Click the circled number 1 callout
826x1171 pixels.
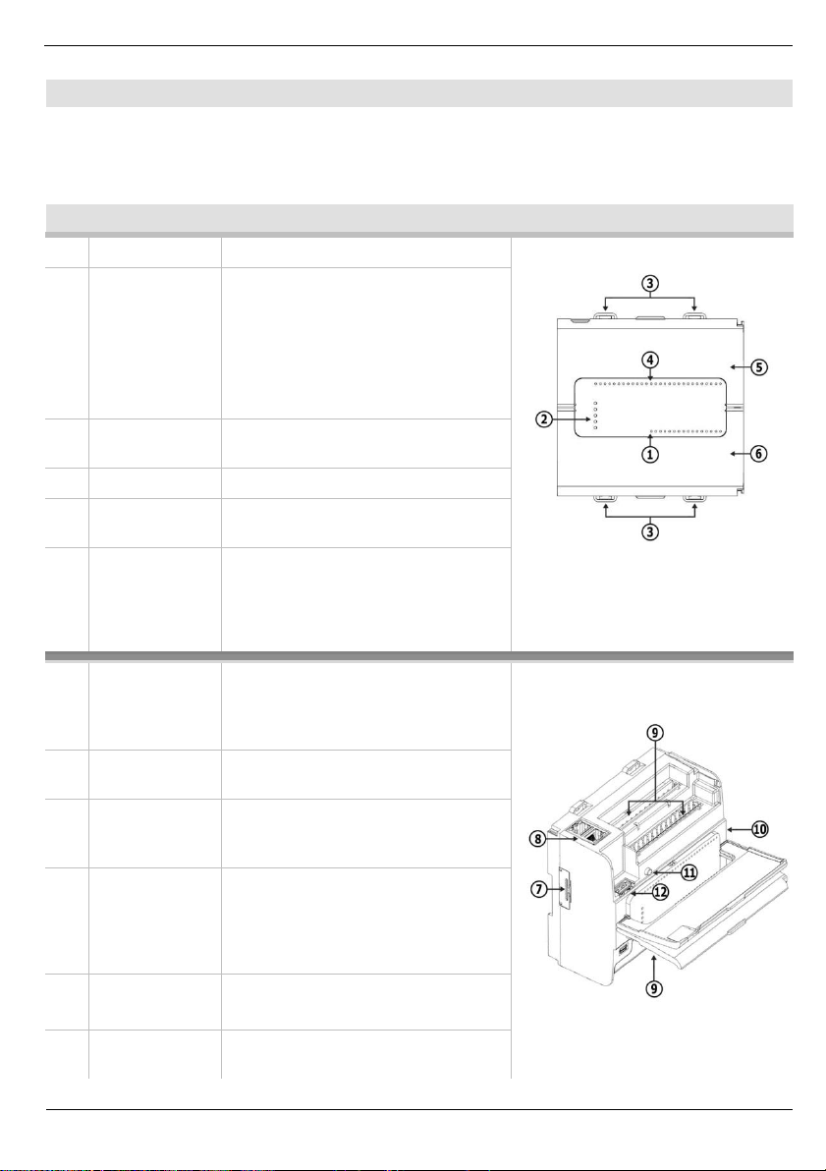click(650, 455)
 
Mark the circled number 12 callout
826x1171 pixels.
click(660, 892)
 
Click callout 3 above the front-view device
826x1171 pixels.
click(650, 282)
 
